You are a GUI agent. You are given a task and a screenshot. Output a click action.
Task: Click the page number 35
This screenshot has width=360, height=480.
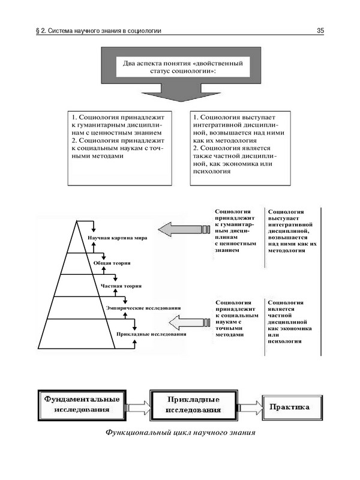[x=320, y=31]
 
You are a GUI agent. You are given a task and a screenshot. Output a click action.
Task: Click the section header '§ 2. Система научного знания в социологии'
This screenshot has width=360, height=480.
[x=98, y=31]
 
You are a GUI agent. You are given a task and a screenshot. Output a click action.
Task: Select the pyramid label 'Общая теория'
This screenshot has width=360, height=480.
[x=112, y=263]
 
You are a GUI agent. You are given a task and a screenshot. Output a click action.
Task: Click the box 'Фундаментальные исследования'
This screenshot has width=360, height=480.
[x=80, y=405]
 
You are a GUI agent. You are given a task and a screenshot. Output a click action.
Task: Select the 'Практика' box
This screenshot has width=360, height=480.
[x=289, y=407]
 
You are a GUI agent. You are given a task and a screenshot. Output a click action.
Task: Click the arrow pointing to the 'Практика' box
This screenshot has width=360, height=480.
[x=250, y=408]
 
